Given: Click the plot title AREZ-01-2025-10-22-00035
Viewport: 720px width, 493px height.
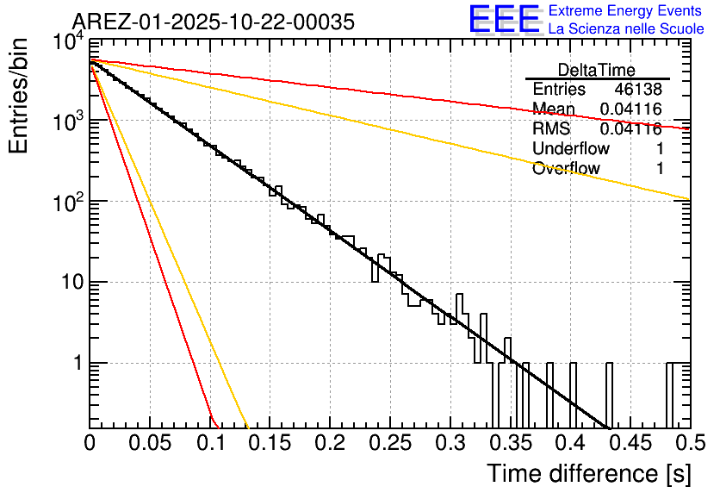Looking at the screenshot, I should tap(213, 22).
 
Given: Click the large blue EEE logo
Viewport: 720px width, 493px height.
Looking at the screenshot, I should tap(504, 21).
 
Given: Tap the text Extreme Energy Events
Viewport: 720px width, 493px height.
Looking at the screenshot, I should tap(624, 11).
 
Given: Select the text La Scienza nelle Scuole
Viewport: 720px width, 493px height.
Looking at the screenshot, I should tap(625, 28).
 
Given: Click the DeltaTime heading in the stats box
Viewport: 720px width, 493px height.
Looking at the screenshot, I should tap(597, 70).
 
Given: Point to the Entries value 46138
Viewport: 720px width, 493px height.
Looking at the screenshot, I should tap(638, 90).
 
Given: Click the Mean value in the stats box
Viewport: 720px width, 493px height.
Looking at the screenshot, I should tap(630, 109).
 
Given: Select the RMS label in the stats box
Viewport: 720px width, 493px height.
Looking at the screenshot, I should tap(551, 128).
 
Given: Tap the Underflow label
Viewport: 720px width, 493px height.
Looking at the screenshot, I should tap(571, 148).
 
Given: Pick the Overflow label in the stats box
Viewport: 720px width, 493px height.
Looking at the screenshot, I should tap(566, 168).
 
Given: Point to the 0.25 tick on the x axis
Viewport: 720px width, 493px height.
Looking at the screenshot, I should tap(389, 444).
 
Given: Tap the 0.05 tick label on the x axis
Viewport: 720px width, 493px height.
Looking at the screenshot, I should tap(149, 444).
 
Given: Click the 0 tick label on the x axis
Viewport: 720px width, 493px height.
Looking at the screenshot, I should tap(90, 444).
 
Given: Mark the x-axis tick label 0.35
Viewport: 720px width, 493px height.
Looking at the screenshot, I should tap(509, 444).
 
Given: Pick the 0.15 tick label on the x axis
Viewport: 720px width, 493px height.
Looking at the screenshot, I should tap(270, 444).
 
